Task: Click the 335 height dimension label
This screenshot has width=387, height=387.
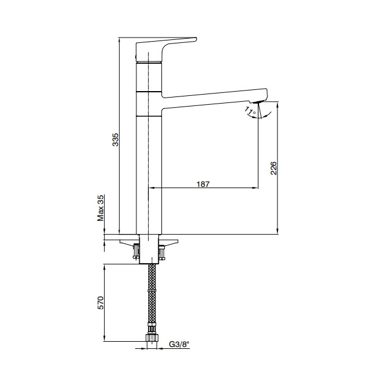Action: tap(116, 140)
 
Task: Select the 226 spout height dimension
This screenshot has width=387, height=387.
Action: tap(274, 168)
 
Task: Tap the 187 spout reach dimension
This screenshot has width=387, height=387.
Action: tap(203, 184)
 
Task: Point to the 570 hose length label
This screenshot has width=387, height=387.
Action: tap(101, 303)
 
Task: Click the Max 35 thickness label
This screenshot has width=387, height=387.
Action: tap(101, 208)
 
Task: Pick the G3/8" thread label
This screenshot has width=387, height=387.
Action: tap(179, 344)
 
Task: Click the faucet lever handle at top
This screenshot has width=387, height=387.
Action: tap(166, 49)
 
